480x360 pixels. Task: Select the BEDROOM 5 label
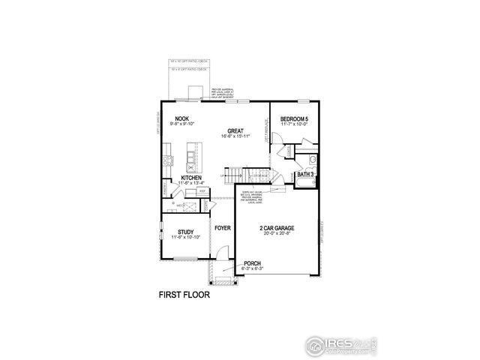(294, 119)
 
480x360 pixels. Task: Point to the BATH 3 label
(305, 174)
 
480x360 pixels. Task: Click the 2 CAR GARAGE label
(277, 227)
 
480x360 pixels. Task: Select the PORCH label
(253, 264)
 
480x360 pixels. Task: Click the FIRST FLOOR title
(184, 295)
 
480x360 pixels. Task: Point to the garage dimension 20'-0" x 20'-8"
(277, 233)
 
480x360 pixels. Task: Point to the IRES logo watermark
(337, 344)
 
